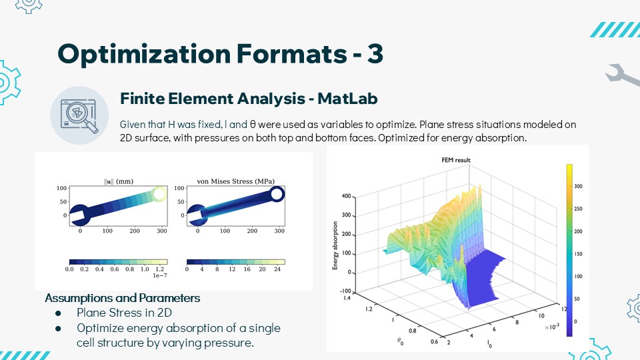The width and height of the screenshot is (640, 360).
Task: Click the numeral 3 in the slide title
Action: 375,53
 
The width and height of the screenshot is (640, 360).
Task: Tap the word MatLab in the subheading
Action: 347,99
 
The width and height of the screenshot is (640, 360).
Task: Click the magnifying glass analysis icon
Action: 79,115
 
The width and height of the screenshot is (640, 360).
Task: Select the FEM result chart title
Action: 456,160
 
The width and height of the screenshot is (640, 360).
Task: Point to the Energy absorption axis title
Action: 335,245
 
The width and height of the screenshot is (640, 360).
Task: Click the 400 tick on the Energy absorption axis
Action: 346,196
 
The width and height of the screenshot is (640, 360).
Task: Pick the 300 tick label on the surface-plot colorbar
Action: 579,186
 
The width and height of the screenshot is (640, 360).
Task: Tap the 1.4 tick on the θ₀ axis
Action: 347,298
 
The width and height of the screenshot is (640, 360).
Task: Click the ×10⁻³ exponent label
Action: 552,327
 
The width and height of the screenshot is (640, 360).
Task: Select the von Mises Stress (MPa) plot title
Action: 235,181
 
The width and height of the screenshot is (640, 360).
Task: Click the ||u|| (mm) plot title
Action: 119,181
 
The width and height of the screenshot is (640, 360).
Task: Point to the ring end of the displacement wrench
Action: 159,194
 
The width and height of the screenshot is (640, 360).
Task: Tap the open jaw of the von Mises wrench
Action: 197,215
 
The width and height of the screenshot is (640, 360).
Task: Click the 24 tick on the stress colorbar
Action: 277,269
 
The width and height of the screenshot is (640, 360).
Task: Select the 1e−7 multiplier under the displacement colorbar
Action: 159,275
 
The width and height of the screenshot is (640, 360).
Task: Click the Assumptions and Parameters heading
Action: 123,298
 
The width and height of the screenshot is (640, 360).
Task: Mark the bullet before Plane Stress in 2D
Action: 58,313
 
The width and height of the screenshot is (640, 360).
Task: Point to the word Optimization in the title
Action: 145,54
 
